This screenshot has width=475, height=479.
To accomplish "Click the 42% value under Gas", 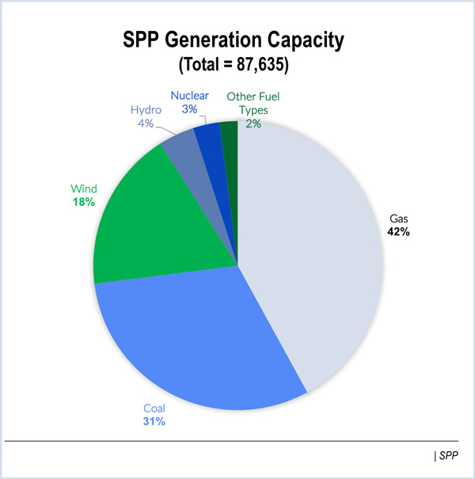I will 399,232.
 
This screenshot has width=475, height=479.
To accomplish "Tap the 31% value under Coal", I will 154,421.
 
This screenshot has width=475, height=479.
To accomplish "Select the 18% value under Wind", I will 83,203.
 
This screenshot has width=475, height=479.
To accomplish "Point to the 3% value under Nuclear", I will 189,108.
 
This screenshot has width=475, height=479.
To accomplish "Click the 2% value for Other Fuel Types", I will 253,124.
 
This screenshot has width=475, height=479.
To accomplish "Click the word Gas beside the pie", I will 398,218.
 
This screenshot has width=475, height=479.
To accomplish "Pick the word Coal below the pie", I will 154,407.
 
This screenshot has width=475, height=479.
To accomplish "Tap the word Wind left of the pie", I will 84,189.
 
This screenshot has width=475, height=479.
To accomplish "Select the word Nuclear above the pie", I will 190,96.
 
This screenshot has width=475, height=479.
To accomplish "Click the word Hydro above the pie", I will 147,110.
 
